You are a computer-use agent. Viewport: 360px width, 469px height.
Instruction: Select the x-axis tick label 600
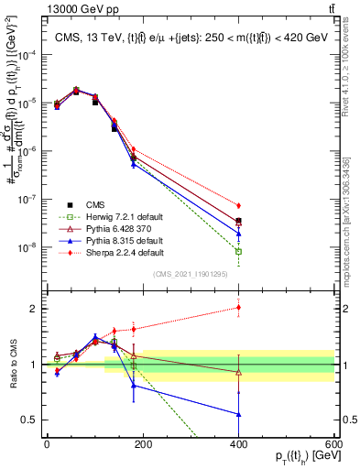[334, 443]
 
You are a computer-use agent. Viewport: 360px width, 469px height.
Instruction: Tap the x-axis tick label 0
[47, 443]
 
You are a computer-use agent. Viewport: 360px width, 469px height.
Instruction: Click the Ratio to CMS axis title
[11, 365]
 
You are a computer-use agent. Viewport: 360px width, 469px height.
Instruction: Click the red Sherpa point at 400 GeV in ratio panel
[238, 308]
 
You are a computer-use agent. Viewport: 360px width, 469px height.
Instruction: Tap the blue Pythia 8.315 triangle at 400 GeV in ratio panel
[238, 414]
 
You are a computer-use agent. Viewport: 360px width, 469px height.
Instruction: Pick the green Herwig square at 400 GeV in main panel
[238, 251]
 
